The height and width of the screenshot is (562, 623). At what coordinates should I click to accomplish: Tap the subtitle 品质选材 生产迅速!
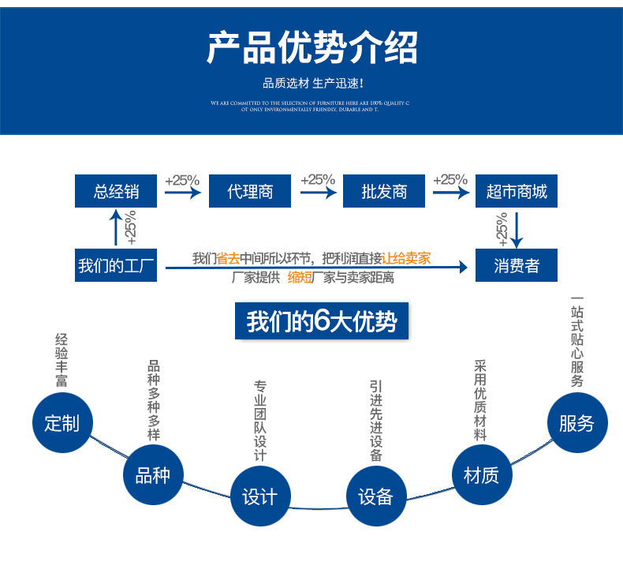(x=312, y=84)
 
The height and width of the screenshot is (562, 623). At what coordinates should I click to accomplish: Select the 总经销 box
(x=116, y=191)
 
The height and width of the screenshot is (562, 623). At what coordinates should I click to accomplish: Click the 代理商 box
(x=250, y=191)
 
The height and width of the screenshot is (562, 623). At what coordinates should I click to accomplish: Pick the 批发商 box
(x=384, y=191)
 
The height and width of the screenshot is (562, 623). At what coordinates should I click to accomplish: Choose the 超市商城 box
(x=517, y=191)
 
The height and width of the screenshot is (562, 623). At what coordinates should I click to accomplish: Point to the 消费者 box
(x=517, y=265)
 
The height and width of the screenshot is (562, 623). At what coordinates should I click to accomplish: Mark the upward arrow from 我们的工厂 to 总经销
(x=116, y=227)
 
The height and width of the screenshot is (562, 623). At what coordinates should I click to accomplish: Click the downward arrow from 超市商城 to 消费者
(x=517, y=227)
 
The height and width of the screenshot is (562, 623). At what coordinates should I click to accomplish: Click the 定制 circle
(x=62, y=423)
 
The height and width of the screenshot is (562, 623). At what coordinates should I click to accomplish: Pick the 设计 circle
(x=259, y=496)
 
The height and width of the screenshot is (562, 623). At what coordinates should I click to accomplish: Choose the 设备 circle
(x=375, y=496)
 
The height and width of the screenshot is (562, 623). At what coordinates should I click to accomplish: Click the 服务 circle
(x=576, y=423)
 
